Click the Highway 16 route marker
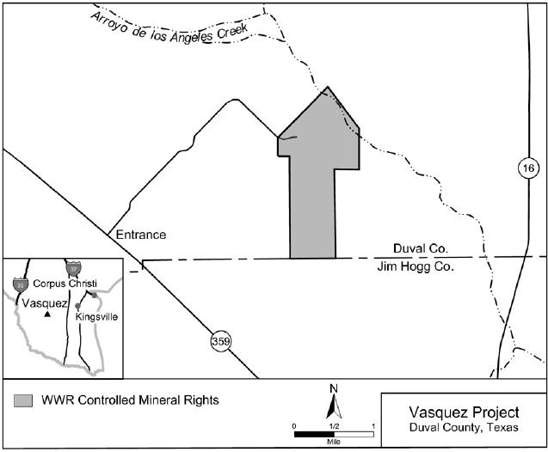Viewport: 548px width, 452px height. click(x=527, y=168)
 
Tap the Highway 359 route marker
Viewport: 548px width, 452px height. click(x=220, y=343)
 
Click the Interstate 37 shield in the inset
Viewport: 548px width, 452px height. click(x=75, y=268)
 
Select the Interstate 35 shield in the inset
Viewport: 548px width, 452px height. click(x=20, y=282)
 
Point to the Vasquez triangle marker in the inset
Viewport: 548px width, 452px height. click(x=47, y=314)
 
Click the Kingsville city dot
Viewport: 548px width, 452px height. click(x=78, y=305)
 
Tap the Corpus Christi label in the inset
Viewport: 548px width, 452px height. click(x=65, y=284)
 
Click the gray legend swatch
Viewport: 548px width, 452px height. click(x=24, y=400)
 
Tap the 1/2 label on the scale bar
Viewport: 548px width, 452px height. click(x=334, y=426)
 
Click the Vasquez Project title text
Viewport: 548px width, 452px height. click(x=465, y=412)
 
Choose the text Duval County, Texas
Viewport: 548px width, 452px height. click(x=465, y=429)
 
